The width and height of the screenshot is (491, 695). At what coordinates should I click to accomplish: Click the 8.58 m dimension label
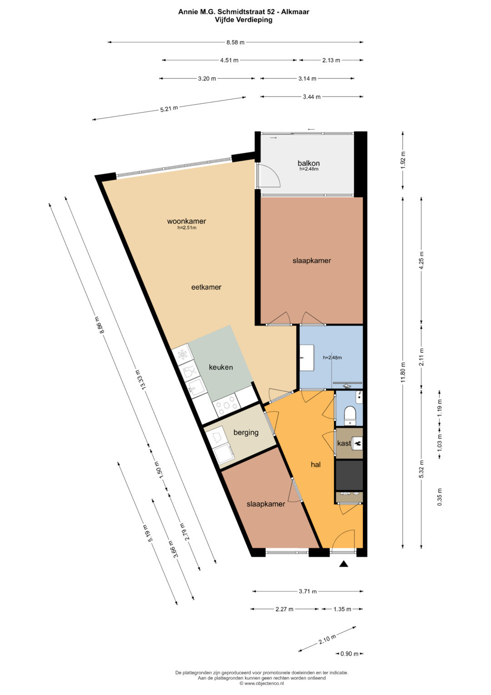point(235,42)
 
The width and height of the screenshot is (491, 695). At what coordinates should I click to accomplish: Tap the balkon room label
point(308,163)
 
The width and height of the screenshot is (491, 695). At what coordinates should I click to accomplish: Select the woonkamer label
point(186,221)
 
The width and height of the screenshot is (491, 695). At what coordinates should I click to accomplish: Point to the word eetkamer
point(206,287)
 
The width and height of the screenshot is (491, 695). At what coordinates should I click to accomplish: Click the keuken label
point(220,367)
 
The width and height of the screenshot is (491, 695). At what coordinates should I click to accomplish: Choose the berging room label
point(246,432)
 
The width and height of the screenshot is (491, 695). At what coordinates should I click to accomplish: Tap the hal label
point(316,464)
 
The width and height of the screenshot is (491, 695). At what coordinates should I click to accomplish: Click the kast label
point(344,443)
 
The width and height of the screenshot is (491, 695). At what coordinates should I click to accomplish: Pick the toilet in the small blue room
point(351,415)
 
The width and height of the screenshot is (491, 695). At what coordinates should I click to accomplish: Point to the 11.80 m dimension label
point(403,372)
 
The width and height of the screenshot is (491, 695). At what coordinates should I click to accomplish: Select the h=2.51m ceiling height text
point(187,228)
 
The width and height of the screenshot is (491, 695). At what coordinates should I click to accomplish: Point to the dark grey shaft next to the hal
point(349,475)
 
